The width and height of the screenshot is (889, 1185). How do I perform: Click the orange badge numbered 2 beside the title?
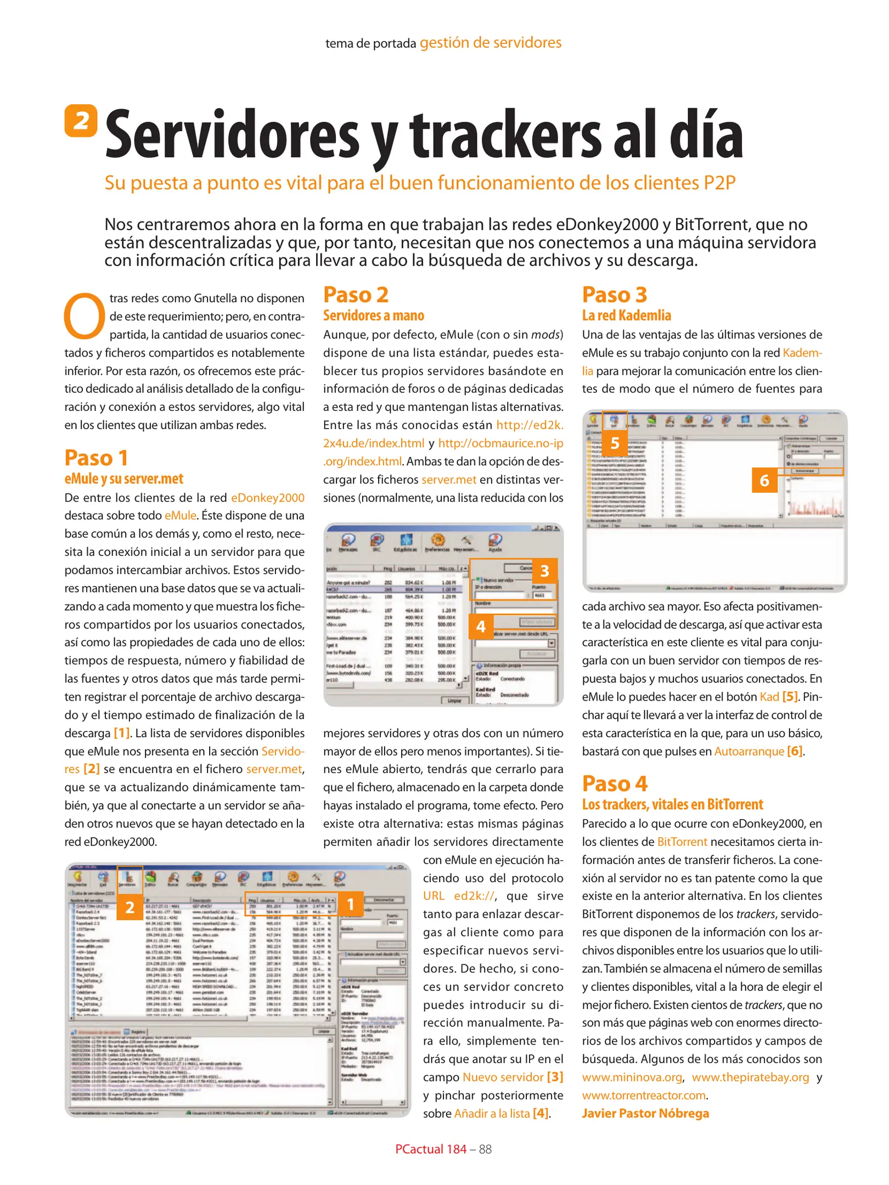(x=81, y=120)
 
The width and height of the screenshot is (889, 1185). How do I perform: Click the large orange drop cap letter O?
(x=84, y=317)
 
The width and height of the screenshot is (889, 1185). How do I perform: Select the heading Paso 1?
(x=96, y=458)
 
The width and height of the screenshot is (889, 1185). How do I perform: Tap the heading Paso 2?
(x=356, y=295)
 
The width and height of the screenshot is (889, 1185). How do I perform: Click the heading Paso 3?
(x=614, y=295)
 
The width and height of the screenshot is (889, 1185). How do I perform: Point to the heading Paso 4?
(x=615, y=783)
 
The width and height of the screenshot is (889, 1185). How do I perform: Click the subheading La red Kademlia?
(x=626, y=315)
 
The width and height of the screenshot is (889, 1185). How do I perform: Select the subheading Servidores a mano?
(x=373, y=315)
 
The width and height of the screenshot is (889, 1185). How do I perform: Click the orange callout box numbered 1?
(x=350, y=904)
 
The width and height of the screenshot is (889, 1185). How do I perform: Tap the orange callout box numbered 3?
(x=544, y=571)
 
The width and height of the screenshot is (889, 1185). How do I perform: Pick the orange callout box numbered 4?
(x=481, y=626)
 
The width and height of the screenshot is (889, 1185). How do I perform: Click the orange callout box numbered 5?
(x=615, y=443)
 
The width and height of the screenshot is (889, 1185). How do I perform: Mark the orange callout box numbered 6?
(x=764, y=481)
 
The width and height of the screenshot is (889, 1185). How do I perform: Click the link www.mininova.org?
(x=632, y=1077)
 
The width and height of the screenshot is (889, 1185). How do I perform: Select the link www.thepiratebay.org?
(x=750, y=1077)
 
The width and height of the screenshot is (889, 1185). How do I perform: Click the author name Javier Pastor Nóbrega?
(x=645, y=1113)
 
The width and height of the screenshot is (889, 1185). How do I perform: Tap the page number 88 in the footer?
(x=485, y=1149)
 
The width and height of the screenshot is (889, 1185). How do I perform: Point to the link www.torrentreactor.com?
(x=644, y=1095)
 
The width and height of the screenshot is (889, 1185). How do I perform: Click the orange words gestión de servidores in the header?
(x=490, y=43)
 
